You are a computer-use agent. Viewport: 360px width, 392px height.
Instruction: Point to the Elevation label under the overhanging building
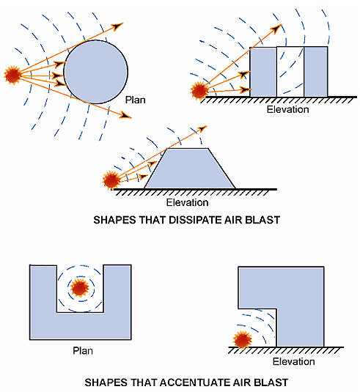pos(293,361)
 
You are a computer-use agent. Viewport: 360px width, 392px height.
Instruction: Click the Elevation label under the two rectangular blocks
pos(288,109)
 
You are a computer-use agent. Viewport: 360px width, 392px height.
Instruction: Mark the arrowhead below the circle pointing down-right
pos(128,115)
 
